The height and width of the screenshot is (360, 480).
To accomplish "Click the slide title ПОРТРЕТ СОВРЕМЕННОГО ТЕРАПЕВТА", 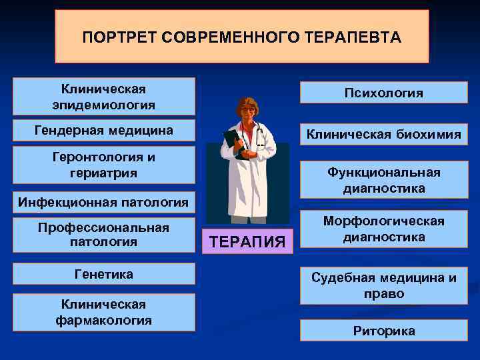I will tap(241, 37).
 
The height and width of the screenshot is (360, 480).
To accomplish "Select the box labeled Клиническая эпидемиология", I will tap(104, 97).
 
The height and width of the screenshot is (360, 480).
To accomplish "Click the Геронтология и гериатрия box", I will tap(104, 165).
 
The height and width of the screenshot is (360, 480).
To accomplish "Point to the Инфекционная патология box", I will tap(104, 201).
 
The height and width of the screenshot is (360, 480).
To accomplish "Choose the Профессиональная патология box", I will tap(104, 235).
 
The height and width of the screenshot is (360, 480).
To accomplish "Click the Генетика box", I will tap(104, 274).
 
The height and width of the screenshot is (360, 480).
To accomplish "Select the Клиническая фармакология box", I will tap(104, 312).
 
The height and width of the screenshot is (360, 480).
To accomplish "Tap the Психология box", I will tap(383, 93).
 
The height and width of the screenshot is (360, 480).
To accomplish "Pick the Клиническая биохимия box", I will tap(383, 135).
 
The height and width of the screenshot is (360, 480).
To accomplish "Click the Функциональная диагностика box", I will tap(383, 181).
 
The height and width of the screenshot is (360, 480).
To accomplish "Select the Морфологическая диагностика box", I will tap(383, 229).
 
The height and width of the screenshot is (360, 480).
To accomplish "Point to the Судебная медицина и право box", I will tap(383, 286).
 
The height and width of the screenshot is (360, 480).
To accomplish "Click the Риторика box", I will tap(383, 331).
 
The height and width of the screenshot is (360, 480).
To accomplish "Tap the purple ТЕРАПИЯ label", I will tap(248, 240).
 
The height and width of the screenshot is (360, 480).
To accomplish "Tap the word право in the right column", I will tap(383, 294).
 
